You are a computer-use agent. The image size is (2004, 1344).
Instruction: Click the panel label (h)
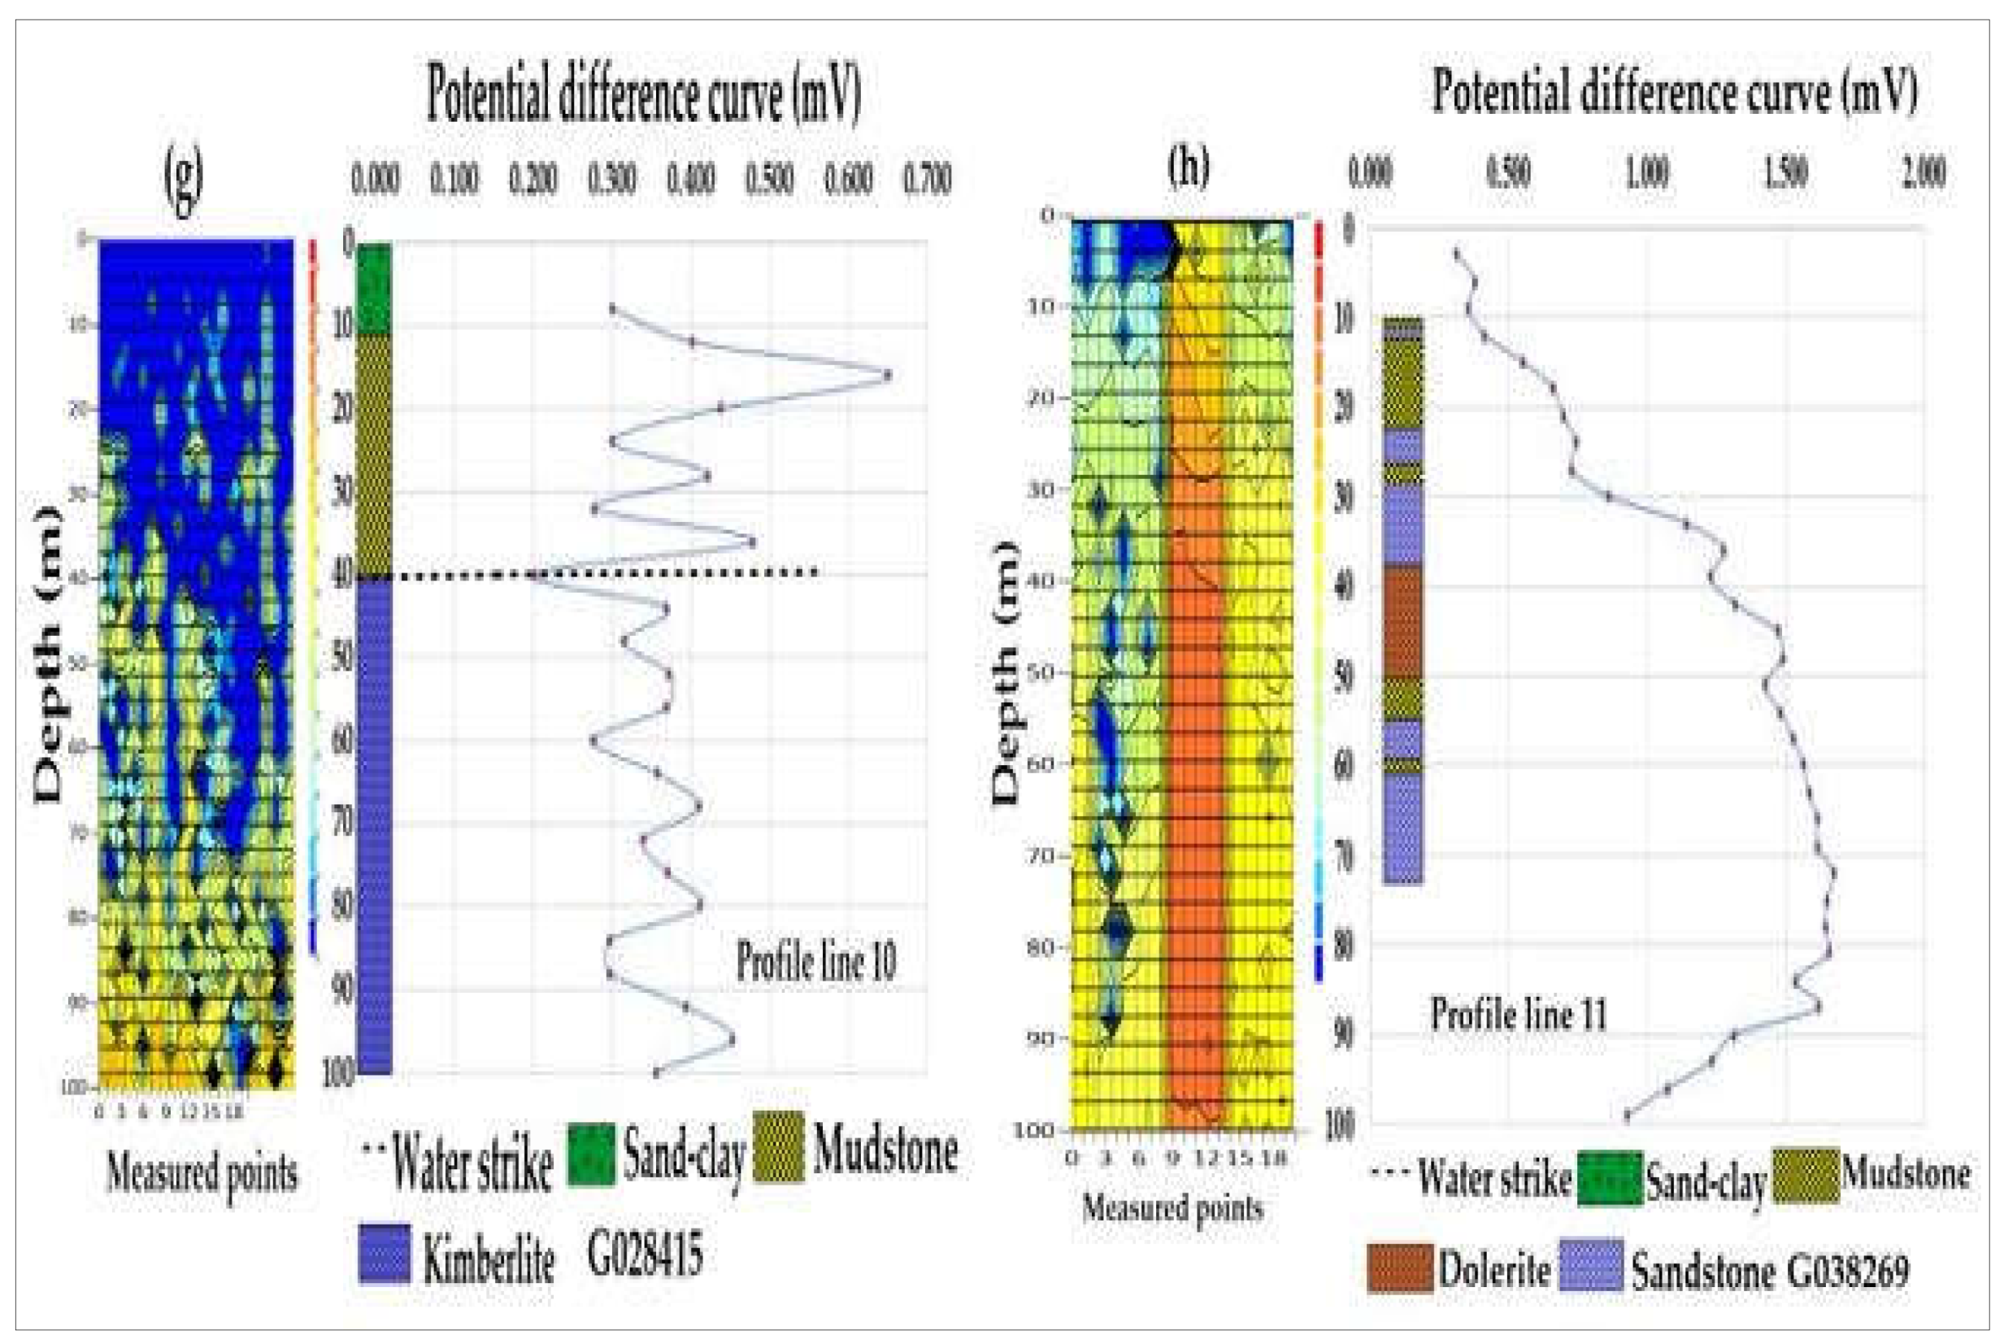1189,165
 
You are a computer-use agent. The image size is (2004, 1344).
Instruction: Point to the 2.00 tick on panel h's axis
1924,172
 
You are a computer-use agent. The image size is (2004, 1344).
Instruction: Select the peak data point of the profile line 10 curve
887,375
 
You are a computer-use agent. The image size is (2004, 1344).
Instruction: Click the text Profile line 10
816,962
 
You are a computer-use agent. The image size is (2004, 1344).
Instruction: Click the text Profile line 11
1518,1014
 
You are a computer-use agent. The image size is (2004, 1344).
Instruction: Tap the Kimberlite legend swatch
384,1253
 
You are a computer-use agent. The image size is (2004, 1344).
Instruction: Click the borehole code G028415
645,1253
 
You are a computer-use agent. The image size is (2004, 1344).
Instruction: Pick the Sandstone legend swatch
1591,1265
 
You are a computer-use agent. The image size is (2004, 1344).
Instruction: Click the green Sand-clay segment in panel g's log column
374,288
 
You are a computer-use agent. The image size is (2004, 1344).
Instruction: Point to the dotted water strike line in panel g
609,573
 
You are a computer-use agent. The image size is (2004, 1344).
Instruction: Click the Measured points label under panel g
202,1172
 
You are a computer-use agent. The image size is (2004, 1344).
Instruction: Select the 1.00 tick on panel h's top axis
1646,172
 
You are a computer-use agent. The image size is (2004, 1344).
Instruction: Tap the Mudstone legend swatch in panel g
778,1147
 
